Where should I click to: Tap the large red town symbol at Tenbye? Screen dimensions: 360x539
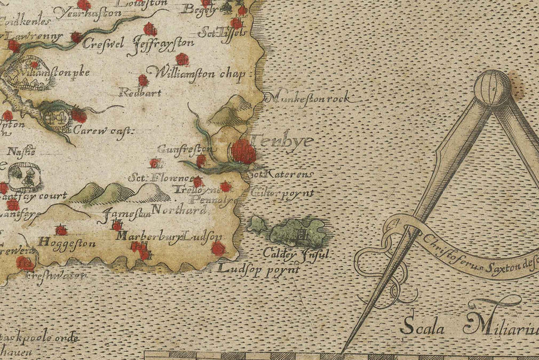[x=243, y=152]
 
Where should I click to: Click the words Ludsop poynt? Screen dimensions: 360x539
[x=259, y=269]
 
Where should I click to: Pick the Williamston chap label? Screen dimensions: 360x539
[x=201, y=75]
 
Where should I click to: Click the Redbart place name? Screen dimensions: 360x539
[x=132, y=92]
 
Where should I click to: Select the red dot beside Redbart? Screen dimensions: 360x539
[x=143, y=80]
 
